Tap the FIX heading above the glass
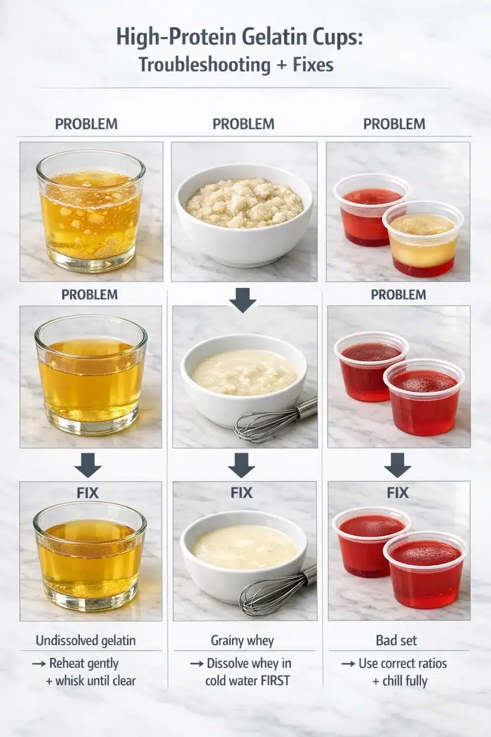point(87,493)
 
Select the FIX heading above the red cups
point(397,493)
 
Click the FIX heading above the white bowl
point(241,493)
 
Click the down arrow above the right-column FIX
point(397,465)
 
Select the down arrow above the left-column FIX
point(87,465)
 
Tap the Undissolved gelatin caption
point(86,640)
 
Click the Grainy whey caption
point(242,640)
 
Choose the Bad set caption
point(397,640)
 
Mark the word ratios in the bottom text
point(430,664)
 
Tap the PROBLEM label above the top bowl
point(244,124)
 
